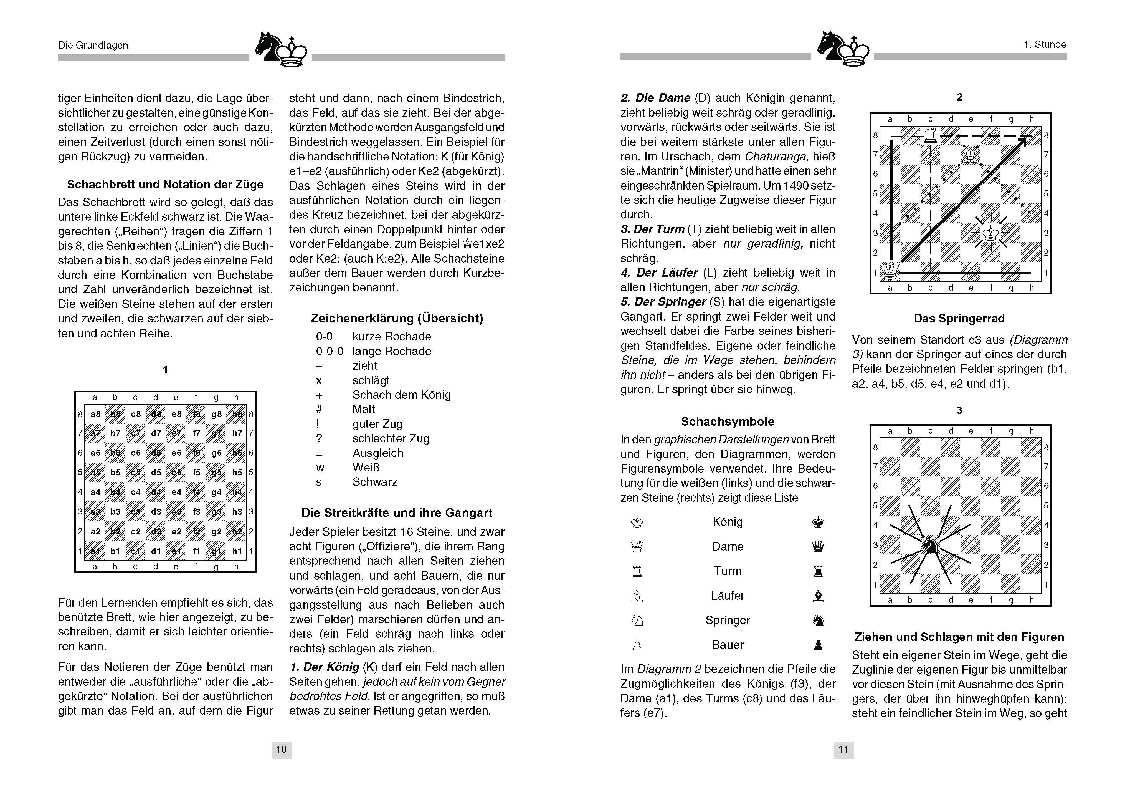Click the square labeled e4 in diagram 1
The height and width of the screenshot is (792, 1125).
coord(176,492)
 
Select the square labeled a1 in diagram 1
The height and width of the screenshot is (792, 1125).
coord(95,551)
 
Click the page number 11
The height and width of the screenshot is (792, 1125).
coord(843,749)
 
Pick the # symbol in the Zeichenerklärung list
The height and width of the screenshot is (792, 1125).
coord(319,409)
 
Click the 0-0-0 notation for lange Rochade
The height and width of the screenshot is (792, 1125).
coord(329,351)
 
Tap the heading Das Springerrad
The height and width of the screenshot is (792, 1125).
coord(959,319)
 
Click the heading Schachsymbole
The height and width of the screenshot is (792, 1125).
coord(728,422)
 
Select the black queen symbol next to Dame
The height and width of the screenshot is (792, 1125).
coord(818,546)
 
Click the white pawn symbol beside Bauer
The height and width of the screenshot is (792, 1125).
coord(637,645)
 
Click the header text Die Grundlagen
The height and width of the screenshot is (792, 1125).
coord(93,45)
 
